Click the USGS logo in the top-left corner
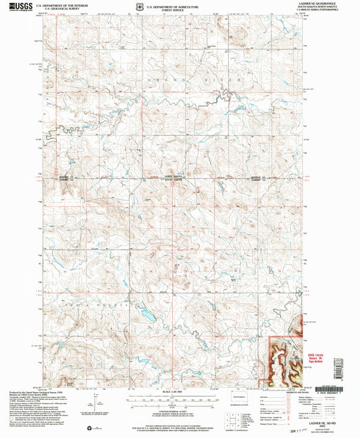(x=20, y=7)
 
